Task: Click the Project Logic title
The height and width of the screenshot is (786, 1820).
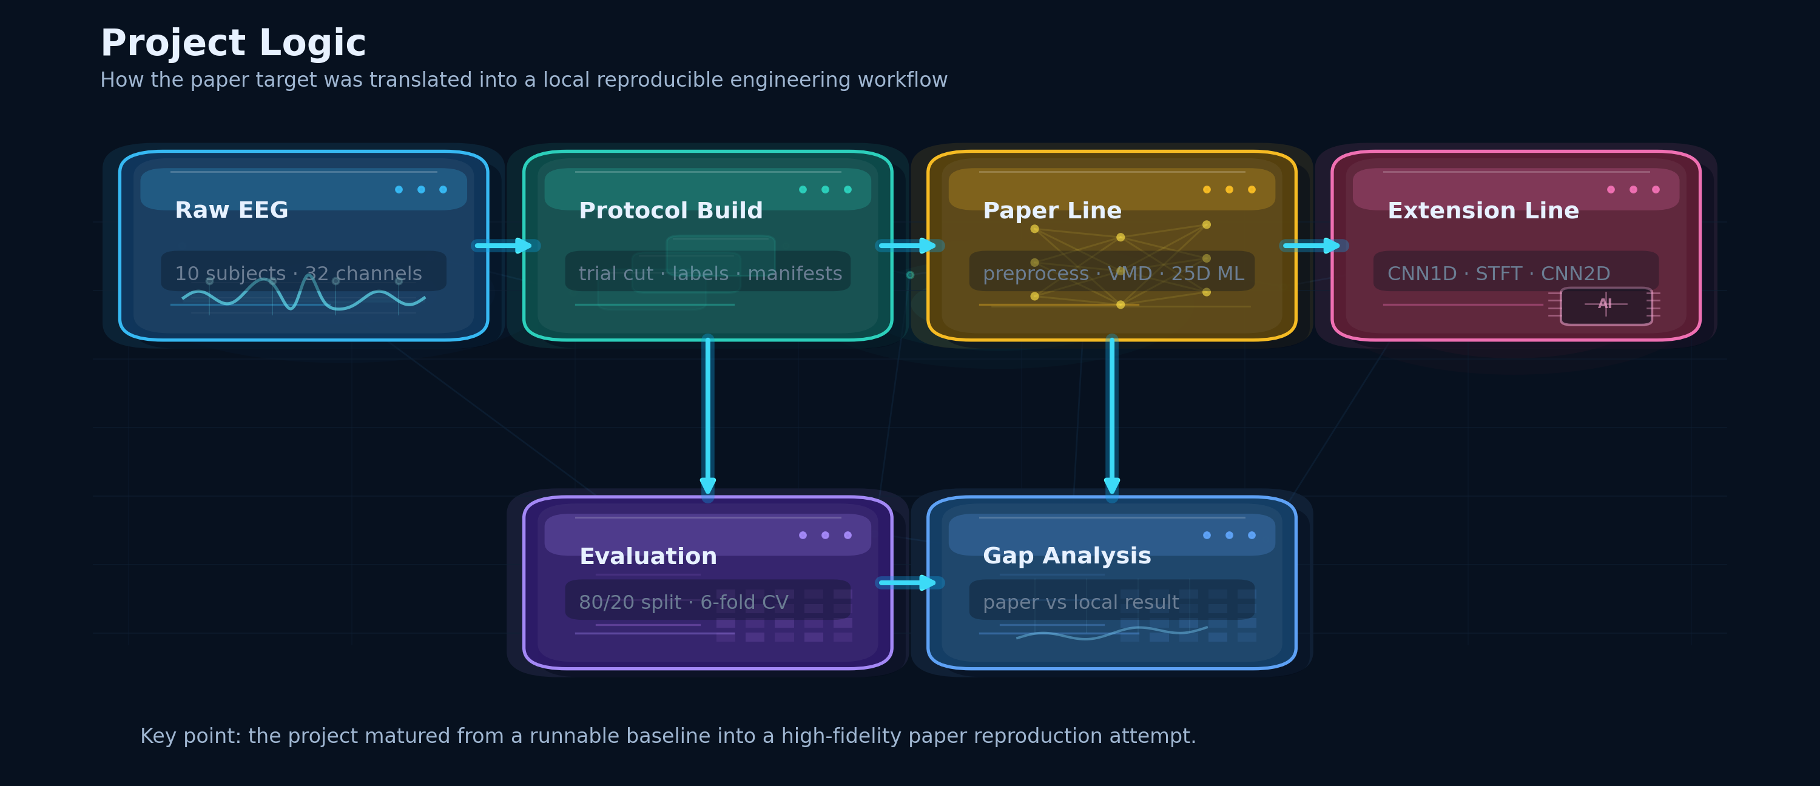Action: (233, 44)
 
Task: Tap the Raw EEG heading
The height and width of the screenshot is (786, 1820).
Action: (232, 210)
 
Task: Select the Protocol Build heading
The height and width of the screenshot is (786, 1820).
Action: (670, 210)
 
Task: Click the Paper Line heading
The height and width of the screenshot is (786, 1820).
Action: (1052, 210)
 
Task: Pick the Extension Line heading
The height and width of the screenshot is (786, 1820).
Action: (1483, 210)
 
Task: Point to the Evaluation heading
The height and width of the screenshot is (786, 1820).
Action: (648, 557)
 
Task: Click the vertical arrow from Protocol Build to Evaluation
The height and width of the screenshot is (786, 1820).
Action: (708, 417)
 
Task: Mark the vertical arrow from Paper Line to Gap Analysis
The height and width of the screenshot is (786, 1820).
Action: (1112, 417)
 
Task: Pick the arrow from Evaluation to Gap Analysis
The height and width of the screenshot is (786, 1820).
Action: (909, 583)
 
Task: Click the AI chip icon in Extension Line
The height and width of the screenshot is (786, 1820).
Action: (1606, 306)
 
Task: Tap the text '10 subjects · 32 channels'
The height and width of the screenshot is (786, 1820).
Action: (298, 274)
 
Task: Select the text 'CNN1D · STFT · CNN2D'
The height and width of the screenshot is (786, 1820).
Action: (1498, 274)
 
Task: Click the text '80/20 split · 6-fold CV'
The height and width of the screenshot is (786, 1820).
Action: (683, 602)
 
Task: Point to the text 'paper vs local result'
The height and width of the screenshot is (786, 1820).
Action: (1081, 602)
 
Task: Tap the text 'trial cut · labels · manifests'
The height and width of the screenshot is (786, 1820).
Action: (710, 274)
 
